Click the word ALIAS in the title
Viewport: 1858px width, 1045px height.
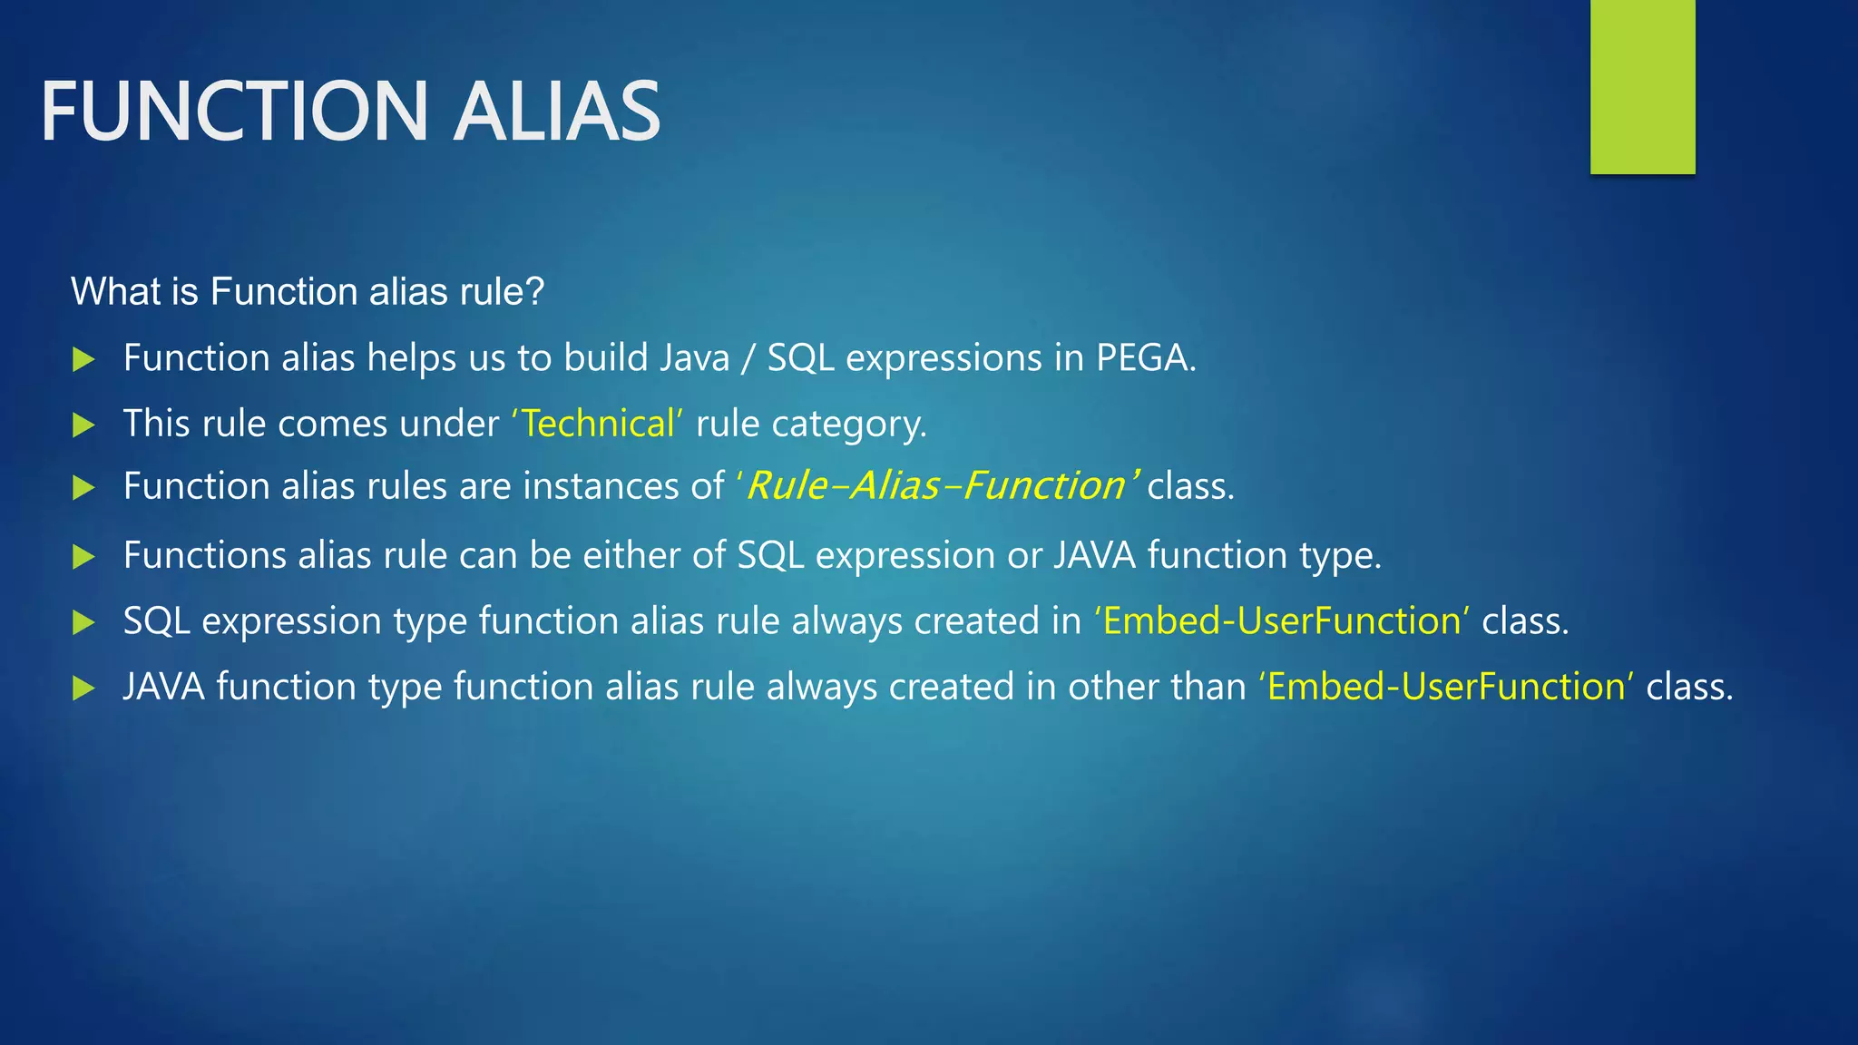pyautogui.click(x=556, y=112)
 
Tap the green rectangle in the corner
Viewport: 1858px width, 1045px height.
pyautogui.click(x=1642, y=86)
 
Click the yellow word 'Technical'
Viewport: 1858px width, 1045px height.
pyautogui.click(x=598, y=424)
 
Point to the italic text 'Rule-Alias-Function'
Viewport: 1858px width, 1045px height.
pyautogui.click(x=934, y=486)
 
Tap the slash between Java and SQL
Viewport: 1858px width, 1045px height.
pyautogui.click(x=748, y=359)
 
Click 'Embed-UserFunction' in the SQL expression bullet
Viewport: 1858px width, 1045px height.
pyautogui.click(x=1281, y=621)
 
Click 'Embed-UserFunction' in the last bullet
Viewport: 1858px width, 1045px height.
pyautogui.click(x=1446, y=687)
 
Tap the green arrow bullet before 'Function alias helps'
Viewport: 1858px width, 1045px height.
pyautogui.click(x=83, y=359)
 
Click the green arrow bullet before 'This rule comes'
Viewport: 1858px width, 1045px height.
pyautogui.click(x=83, y=425)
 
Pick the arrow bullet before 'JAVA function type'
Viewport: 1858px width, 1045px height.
pyautogui.click(x=83, y=688)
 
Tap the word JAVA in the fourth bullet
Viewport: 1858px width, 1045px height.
pyautogui.click(x=1094, y=555)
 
